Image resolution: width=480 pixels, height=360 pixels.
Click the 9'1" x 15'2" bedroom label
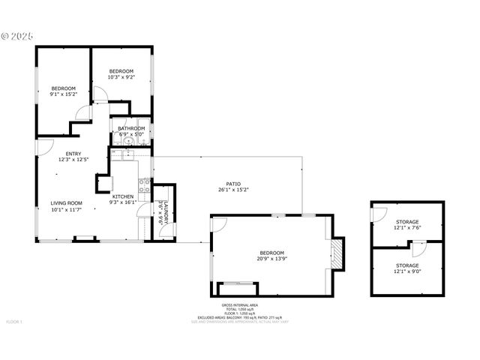(63, 91)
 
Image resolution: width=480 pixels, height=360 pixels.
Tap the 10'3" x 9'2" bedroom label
(121, 73)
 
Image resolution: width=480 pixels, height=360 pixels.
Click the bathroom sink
(128, 141)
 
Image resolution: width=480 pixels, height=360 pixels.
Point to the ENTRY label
(73, 156)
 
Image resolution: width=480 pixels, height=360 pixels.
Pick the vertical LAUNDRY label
(164, 213)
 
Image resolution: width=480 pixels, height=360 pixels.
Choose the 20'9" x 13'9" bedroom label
(271, 256)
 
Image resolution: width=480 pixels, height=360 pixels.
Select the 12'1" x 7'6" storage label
(407, 223)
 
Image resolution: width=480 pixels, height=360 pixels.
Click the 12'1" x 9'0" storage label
(407, 268)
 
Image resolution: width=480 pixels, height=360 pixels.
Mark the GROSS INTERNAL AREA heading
(239, 305)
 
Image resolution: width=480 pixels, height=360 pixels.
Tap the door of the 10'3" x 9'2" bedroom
(100, 94)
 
